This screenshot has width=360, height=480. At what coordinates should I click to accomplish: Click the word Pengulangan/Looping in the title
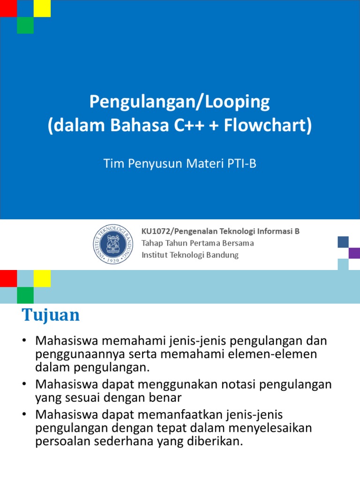(180, 102)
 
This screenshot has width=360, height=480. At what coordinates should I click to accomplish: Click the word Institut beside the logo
(154, 255)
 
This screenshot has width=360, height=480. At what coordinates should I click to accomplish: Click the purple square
(354, 253)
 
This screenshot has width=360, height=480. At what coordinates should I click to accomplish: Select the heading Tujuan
(51, 315)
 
